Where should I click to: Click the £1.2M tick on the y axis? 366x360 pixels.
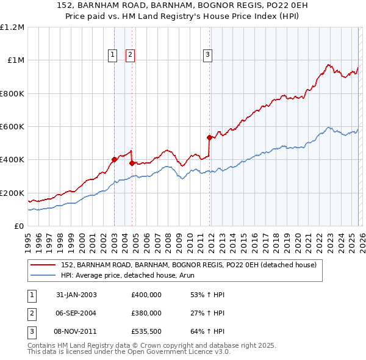(12, 27)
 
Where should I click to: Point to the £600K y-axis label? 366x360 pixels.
(12, 127)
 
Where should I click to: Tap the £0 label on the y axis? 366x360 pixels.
(20, 226)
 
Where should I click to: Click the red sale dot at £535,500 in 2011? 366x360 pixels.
(210, 137)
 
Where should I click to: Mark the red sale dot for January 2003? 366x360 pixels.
(114, 160)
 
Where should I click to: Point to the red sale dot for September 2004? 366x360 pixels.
(132, 163)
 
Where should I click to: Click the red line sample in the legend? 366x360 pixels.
(44, 265)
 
